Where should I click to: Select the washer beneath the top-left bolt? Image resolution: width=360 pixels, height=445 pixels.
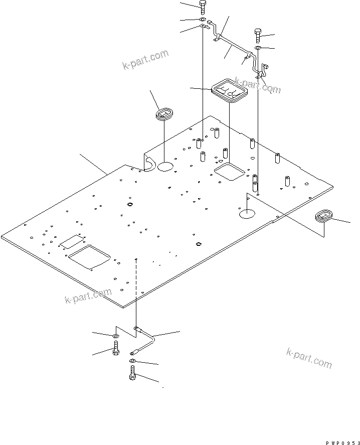point(202,20)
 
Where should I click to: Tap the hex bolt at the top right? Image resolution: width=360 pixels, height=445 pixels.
point(257,35)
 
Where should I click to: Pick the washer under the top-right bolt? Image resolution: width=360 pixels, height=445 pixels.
point(257,48)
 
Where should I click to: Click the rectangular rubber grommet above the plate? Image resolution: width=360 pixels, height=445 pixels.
point(230,91)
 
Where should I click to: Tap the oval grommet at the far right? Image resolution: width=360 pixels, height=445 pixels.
point(324,217)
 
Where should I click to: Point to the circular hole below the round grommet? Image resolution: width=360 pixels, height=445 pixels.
point(166,166)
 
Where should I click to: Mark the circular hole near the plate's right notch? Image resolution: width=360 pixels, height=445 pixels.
point(247,214)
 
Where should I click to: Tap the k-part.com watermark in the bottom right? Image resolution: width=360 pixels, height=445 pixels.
point(309,357)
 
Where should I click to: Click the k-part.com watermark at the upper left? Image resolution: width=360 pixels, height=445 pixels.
point(145,60)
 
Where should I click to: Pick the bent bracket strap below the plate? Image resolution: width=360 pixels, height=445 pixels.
point(145,339)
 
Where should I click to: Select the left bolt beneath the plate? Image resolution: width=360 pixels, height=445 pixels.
point(116,348)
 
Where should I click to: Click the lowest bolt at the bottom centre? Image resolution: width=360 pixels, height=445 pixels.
point(132,374)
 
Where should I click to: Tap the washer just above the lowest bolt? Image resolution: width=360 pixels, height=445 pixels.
point(132,361)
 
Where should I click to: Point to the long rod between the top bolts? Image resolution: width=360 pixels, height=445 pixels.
point(233,46)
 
